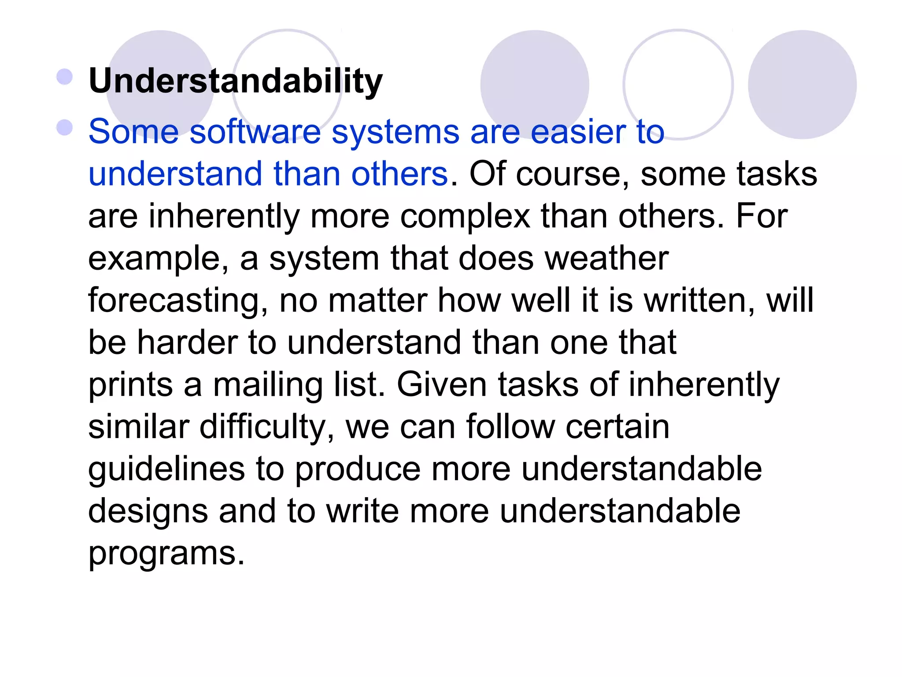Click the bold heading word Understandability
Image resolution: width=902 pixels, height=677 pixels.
[x=236, y=82]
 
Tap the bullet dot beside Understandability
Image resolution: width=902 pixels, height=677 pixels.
[x=65, y=77]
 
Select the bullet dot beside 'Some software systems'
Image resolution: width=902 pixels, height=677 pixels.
[x=65, y=128]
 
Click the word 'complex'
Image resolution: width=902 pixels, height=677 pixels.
[x=465, y=217]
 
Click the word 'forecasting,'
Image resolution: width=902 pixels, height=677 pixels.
[x=178, y=301]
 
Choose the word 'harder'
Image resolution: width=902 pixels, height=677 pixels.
[x=187, y=342]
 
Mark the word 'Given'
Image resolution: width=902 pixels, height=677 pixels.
[x=442, y=384]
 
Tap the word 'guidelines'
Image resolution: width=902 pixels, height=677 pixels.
[x=166, y=470]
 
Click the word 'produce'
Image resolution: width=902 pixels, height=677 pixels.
[x=358, y=470]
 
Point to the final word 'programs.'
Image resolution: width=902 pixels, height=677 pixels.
[x=166, y=554]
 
